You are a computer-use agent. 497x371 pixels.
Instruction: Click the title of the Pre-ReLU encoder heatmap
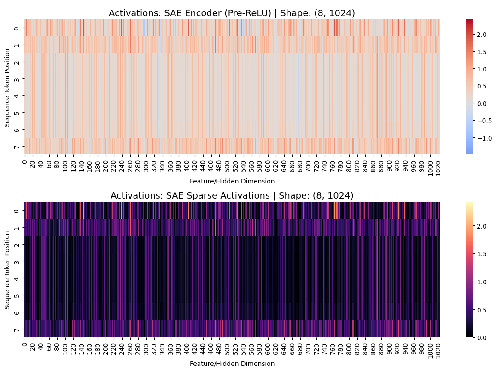point(232,13)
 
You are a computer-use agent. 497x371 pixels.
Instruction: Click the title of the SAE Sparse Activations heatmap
point(232,195)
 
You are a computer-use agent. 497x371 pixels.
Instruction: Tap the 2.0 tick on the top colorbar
point(481,35)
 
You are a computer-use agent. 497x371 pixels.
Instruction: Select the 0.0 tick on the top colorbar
point(481,104)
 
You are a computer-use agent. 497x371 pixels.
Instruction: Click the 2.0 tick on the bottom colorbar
point(481,226)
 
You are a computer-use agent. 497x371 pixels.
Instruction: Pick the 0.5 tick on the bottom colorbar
point(481,310)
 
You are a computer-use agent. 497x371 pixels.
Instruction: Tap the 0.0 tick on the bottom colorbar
point(481,338)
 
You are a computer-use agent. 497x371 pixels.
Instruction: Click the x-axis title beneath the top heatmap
point(232,181)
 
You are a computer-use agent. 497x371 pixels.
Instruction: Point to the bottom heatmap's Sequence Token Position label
point(7,270)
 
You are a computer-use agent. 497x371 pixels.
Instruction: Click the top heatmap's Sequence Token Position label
point(7,87)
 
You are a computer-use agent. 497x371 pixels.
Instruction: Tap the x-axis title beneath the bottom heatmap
point(232,363)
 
